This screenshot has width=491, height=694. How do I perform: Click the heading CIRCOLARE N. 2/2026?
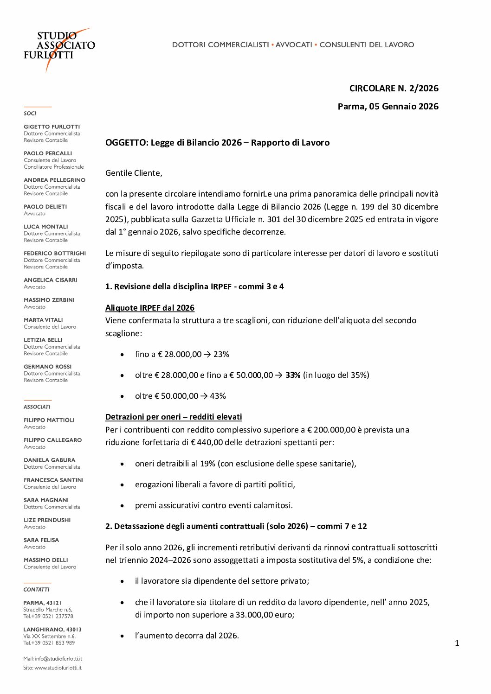[x=394, y=88]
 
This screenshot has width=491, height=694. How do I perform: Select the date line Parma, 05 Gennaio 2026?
[x=388, y=106]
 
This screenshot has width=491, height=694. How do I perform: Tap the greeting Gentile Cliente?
[x=134, y=173]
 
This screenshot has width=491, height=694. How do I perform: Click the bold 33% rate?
[x=293, y=375]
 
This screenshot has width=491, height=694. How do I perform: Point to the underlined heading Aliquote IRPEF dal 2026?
[x=150, y=308]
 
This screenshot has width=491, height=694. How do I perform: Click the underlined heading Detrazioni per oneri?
[x=174, y=417]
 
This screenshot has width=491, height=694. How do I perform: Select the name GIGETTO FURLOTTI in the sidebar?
[x=52, y=127]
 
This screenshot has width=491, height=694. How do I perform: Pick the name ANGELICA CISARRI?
[x=51, y=280]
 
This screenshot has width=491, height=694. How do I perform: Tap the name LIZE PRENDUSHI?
[x=47, y=520]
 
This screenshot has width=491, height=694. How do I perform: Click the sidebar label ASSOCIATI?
[x=37, y=407]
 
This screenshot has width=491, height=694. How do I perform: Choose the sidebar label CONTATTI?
[x=36, y=590]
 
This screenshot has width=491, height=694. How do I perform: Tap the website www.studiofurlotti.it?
[x=58, y=668]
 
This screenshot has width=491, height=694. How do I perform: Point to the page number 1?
[x=457, y=643]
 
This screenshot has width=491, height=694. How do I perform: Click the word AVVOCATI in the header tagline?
[x=294, y=45]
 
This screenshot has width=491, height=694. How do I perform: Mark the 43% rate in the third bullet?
[x=218, y=396]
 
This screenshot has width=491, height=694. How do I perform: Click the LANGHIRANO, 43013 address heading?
[x=52, y=630]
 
